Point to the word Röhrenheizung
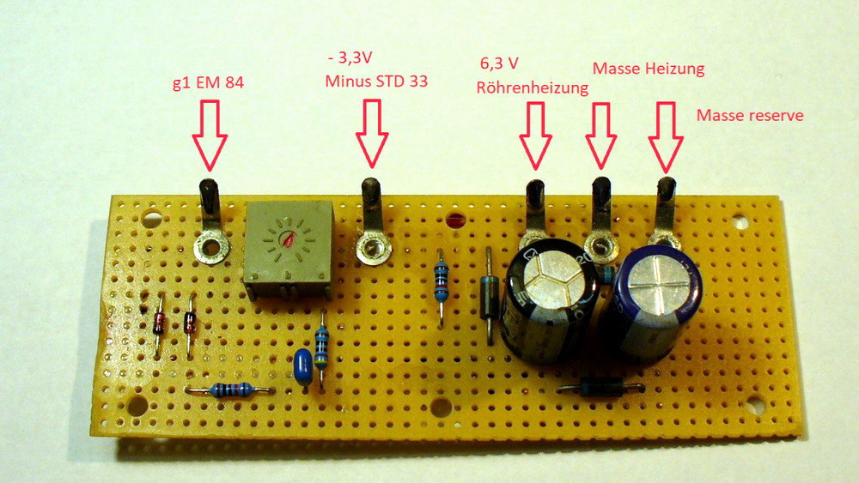coord(532,87)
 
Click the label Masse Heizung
coord(649,68)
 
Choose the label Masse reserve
coord(750,114)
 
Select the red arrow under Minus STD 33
coord(371,134)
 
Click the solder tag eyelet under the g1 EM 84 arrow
coord(210,250)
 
